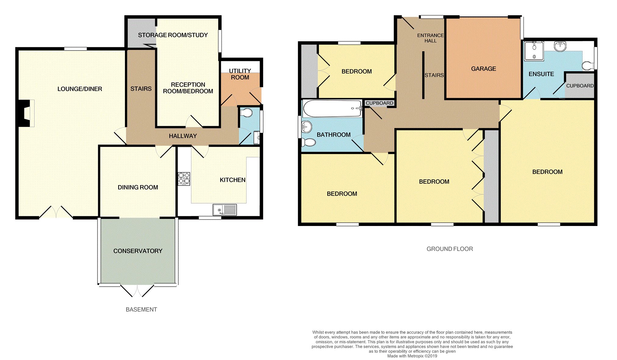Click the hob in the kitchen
coord(184,179)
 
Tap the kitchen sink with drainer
coord(225,210)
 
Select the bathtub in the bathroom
coord(332,108)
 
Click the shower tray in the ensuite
coord(534,51)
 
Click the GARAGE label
coord(484,69)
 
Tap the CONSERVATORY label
coord(138,251)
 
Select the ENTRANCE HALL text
coord(430,38)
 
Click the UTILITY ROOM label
coord(240,74)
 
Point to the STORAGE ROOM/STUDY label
coord(173,35)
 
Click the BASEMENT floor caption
coord(141,309)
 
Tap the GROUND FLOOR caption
coord(449,249)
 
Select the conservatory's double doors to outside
coord(137,291)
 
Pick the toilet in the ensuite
coord(588,65)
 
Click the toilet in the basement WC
coord(246,113)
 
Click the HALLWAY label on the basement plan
coord(183,136)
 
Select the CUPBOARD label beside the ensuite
coord(580,86)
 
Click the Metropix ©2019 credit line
coord(412,356)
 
